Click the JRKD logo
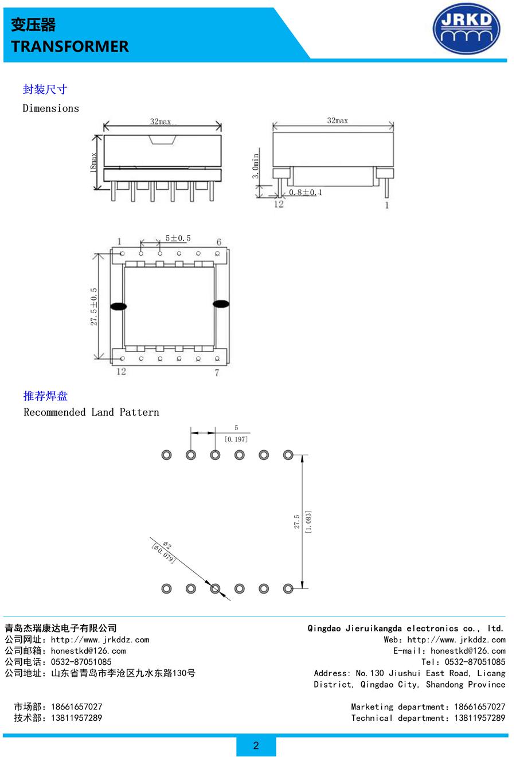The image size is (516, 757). [466, 29]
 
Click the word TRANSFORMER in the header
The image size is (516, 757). [70, 46]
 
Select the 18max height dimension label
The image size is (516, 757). [93, 162]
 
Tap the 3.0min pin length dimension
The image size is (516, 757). [256, 166]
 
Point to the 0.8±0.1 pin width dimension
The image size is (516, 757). [306, 192]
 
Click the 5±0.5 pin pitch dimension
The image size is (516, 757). [178, 238]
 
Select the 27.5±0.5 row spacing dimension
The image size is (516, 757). [93, 306]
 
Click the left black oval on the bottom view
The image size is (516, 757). [119, 306]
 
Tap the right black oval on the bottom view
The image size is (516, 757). [221, 304]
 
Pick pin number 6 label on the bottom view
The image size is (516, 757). [219, 242]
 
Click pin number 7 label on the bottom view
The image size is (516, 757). [217, 372]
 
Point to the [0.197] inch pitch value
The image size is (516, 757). [236, 439]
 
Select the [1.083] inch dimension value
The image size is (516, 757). [308, 521]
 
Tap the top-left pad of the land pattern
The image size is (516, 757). [167, 455]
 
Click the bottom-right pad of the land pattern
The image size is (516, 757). [288, 589]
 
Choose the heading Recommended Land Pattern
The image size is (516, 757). [91, 412]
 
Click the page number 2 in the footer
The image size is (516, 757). [256, 746]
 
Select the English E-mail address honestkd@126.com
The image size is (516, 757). [468, 651]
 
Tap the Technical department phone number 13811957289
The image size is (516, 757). [479, 718]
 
